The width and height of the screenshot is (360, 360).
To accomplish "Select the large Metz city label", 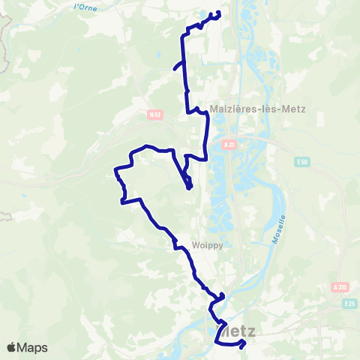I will click(235, 331).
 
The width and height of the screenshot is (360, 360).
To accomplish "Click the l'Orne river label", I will click(87, 7).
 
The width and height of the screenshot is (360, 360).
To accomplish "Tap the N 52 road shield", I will click(155, 115).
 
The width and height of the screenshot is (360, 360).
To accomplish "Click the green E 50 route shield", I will click(301, 162).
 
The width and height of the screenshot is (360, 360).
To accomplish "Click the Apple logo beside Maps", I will click(12, 347).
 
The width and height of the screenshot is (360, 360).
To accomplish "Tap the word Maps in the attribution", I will click(33, 347).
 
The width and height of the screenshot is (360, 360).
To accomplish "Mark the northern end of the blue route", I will click(218, 13).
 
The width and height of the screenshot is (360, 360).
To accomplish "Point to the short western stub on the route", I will click(175, 67).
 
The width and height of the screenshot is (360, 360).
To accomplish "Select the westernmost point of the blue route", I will click(115, 170).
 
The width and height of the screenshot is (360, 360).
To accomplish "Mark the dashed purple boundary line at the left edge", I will click(6, 30).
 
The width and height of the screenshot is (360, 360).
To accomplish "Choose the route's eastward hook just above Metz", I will click(223, 295).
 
